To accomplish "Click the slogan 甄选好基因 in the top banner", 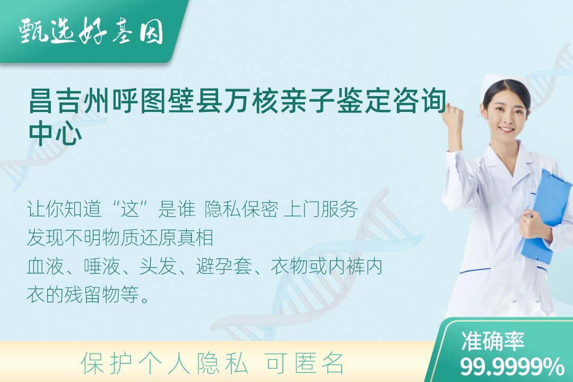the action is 91,31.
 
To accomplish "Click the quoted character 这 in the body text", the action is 131,209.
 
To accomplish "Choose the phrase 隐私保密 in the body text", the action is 241,209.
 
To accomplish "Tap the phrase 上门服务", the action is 320,209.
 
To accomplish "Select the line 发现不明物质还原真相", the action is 120,238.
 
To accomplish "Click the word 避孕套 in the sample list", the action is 224,266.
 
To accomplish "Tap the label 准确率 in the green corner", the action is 493,341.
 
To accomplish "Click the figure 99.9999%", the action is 512,366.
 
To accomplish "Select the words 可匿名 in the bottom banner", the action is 305,363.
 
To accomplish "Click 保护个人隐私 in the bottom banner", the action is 165,363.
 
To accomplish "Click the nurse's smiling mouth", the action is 507,130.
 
